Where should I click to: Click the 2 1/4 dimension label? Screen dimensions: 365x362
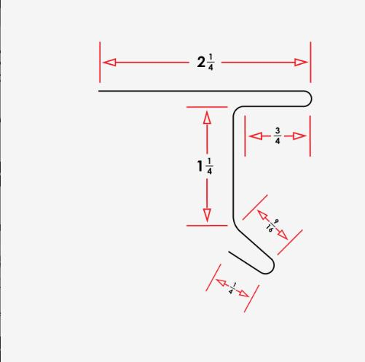coord(205,62)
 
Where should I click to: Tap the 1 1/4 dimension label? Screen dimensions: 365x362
coord(205,166)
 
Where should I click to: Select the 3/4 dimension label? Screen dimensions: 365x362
coord(278,136)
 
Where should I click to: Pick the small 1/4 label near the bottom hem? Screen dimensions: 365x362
coord(232,288)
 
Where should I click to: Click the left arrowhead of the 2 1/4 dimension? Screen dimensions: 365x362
coord(109,63)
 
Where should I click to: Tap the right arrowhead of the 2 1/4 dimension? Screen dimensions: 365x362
coord(301,63)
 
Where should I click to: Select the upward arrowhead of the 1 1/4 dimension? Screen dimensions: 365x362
coord(207,117)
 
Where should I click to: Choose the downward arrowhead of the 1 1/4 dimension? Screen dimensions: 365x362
coord(207,216)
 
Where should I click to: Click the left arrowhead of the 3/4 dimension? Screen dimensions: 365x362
coord(256,136)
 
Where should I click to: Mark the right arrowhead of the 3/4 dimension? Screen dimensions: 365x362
coord(299,136)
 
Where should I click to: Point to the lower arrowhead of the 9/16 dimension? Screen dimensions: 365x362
coord(283,235)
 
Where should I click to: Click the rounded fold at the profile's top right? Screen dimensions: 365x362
coord(308,99)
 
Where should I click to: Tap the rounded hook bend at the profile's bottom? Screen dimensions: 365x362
coord(270,267)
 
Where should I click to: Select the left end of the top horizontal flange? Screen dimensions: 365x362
coord(99,91)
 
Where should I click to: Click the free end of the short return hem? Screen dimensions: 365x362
coord(229,252)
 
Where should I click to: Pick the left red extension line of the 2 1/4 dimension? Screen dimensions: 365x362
coord(100,62)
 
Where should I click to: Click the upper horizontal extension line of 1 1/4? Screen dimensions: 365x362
coord(207,107)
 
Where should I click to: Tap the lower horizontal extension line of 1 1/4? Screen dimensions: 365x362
coord(207,226)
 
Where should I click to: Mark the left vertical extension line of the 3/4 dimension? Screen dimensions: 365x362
coord(245,136)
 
